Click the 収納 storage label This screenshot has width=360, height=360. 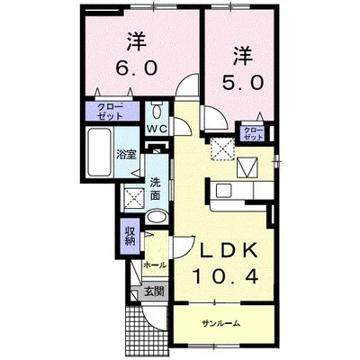click(x=130, y=236)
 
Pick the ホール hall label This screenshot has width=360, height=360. click(x=154, y=265)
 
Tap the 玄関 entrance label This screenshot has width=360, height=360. click(x=154, y=291)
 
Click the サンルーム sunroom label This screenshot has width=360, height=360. click(x=220, y=322)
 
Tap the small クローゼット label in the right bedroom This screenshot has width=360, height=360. click(x=253, y=134)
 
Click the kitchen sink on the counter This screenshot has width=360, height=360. click(x=223, y=191)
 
